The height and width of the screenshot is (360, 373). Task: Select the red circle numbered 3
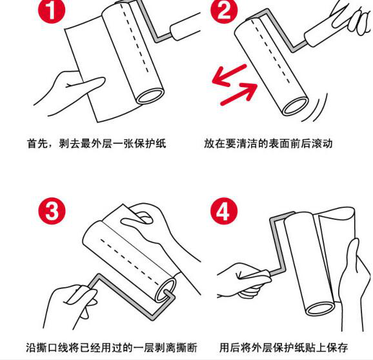point(52,211)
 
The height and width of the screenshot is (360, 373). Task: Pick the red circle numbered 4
point(224,211)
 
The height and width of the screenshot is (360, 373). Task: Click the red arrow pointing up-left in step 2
point(229,75)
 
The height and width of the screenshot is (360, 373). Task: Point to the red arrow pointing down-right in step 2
point(239,94)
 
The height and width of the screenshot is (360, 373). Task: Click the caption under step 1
point(97,143)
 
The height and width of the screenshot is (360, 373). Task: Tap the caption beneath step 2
point(268,143)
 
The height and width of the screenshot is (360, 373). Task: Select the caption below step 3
point(112,348)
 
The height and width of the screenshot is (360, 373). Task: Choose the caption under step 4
point(283,348)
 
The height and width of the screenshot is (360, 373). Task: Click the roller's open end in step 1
point(150,96)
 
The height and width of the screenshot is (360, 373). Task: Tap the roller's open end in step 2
point(295,106)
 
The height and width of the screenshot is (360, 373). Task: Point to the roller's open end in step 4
point(320,308)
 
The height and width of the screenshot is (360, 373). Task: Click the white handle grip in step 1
point(185,26)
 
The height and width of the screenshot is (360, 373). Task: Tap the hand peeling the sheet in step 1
point(69,93)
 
